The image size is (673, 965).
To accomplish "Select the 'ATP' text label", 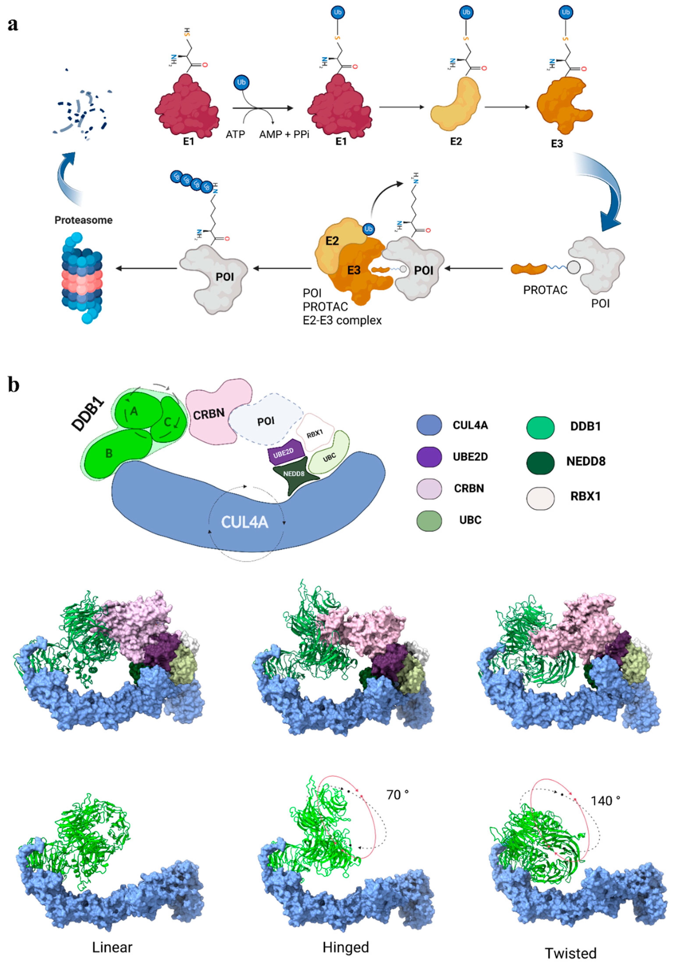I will click(235, 134).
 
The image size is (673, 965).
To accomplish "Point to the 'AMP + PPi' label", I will click(284, 134).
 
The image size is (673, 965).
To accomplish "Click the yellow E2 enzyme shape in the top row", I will click(455, 103).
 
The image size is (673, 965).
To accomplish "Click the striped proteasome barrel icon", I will click(82, 277).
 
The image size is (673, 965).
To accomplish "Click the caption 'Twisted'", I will click(570, 953).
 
